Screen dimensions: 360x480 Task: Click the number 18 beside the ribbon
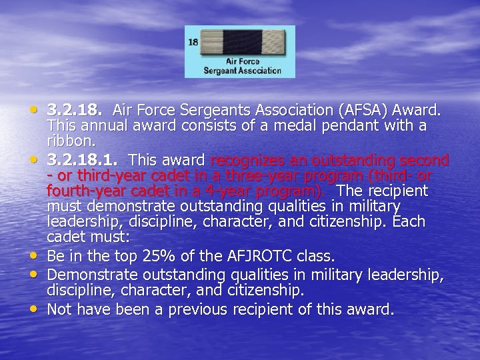click(193, 42)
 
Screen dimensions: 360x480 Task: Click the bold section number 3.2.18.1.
click(85, 161)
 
